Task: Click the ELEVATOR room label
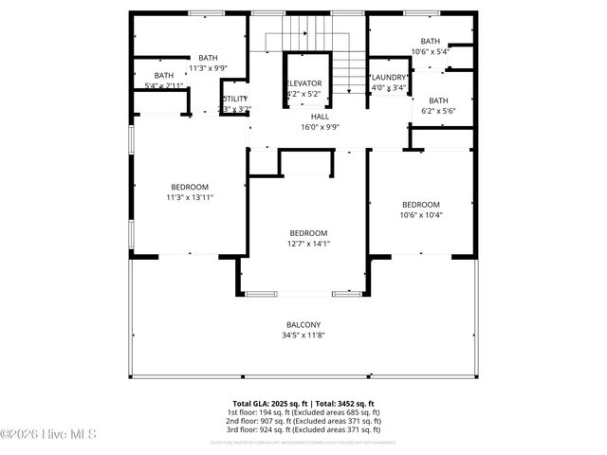pyautogui.click(x=304, y=83)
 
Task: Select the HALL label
pyautogui.click(x=307, y=116)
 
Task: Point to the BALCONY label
pyautogui.click(x=303, y=324)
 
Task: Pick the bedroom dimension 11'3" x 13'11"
pyautogui.click(x=190, y=197)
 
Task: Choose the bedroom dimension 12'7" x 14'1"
pyautogui.click(x=308, y=244)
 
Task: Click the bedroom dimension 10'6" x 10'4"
pyautogui.click(x=421, y=215)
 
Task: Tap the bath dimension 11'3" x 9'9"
pyautogui.click(x=208, y=68)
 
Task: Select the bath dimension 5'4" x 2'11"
pyautogui.click(x=164, y=86)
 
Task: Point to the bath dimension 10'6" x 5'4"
pyautogui.click(x=431, y=52)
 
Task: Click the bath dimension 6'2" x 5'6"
pyautogui.click(x=438, y=111)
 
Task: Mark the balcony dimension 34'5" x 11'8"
pyautogui.click(x=303, y=335)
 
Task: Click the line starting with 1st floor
pyautogui.click(x=303, y=413)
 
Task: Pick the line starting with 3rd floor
pyautogui.click(x=303, y=432)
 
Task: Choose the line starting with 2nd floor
pyautogui.click(x=303, y=423)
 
